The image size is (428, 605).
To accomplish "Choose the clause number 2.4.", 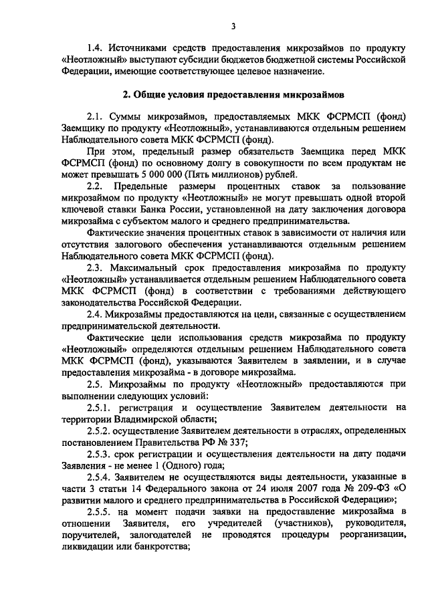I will [x=97, y=314].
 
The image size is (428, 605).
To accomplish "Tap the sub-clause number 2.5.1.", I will [x=102, y=406].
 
